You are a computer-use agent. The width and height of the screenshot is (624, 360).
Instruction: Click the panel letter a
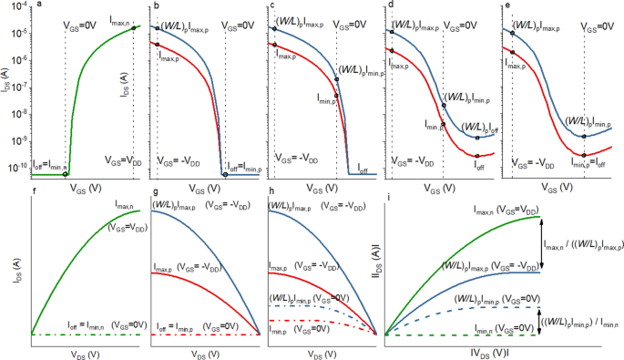[36, 6]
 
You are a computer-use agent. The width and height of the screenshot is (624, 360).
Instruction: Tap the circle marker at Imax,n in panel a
[134, 27]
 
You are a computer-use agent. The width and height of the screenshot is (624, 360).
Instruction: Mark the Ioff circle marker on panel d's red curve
[476, 156]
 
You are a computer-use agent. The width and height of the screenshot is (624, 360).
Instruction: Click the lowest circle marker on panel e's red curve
[585, 154]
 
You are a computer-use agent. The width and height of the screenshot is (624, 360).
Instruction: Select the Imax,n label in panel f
[127, 208]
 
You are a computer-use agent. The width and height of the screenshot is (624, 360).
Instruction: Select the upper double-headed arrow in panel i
[542, 243]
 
